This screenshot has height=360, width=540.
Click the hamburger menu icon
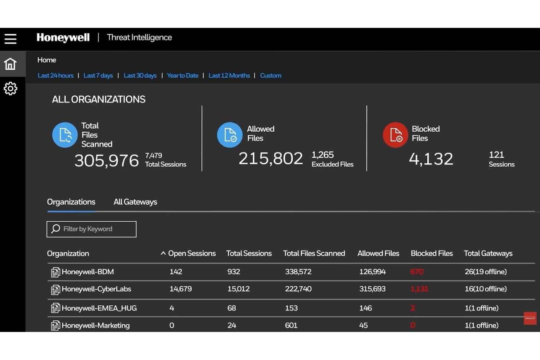(x=11, y=39)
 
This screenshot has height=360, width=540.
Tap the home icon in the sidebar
(x=11, y=64)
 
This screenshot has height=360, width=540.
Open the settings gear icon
(x=11, y=88)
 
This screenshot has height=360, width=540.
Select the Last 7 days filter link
(x=98, y=76)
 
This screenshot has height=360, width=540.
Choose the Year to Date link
(x=182, y=76)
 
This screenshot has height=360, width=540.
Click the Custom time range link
(x=270, y=76)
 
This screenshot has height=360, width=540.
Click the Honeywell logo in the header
(x=63, y=38)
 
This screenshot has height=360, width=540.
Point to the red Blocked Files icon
(x=395, y=135)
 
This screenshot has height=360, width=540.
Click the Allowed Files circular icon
(x=230, y=135)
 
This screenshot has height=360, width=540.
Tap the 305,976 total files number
(x=107, y=160)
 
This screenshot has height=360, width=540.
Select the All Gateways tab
(x=135, y=202)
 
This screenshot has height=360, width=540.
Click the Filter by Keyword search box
(x=92, y=229)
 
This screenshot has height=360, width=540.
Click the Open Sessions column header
(x=192, y=253)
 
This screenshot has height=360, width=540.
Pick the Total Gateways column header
(x=488, y=253)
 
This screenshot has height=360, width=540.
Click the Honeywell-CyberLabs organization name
(x=96, y=289)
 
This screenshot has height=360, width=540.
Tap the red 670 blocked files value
(x=417, y=272)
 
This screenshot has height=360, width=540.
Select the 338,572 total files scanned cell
(x=298, y=272)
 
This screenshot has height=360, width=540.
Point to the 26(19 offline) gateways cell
(x=485, y=272)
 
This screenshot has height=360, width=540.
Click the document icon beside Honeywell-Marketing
(x=55, y=325)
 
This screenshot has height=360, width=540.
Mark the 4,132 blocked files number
(x=431, y=159)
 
